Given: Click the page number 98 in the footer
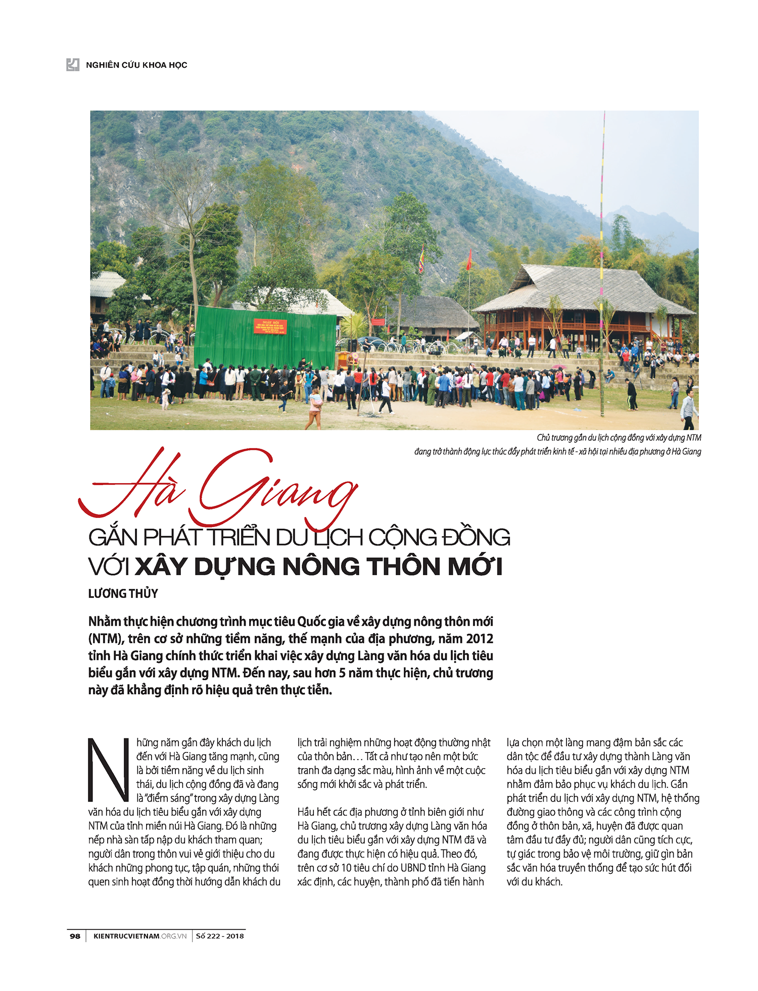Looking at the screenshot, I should [75, 936].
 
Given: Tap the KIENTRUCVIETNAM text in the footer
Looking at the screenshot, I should [126, 936].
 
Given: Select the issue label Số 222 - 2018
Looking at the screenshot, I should [220, 936].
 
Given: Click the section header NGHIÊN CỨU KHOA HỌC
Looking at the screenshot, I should [136, 65].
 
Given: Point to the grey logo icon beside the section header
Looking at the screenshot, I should [73, 65].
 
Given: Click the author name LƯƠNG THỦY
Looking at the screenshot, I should [123, 593].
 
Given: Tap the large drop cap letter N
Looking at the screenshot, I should [108, 771].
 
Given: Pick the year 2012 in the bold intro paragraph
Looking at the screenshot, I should [479, 639].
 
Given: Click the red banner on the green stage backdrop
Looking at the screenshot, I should [270, 326].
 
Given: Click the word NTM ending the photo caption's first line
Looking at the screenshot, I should [693, 438].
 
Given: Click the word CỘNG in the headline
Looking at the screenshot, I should [402, 537].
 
